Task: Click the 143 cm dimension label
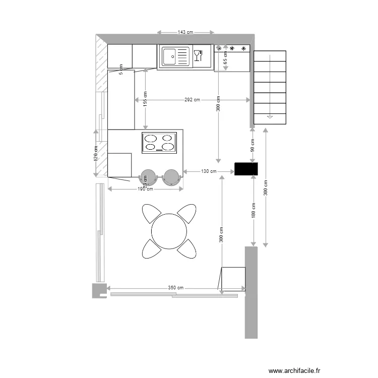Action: [x=185, y=32]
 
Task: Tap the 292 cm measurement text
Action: [x=192, y=100]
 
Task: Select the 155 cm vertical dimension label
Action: [x=145, y=99]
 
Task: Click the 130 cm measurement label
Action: [x=209, y=171]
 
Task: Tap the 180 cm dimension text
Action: [x=254, y=210]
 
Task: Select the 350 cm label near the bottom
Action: [x=176, y=288]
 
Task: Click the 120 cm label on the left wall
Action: [x=95, y=153]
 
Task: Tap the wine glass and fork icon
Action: [x=198, y=55]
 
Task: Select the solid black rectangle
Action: [x=246, y=169]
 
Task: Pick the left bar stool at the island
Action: [x=148, y=176]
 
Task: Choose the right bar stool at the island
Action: [x=171, y=176]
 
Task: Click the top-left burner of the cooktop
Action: [x=151, y=139]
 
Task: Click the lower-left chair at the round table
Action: [x=151, y=248]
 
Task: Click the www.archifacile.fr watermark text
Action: [x=294, y=370]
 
